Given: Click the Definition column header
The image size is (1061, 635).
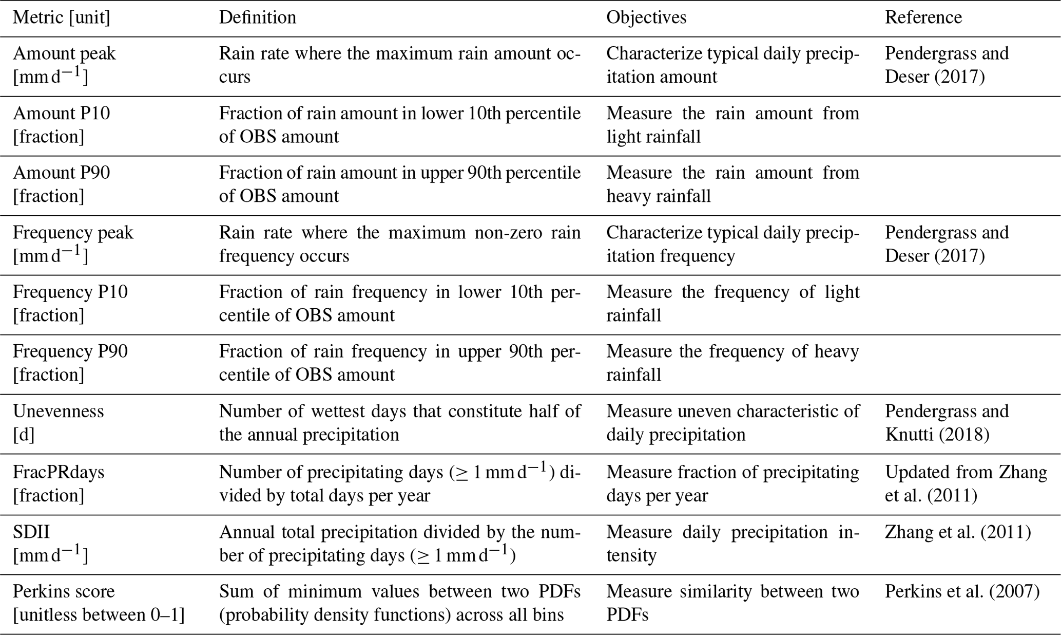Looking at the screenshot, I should click(257, 17).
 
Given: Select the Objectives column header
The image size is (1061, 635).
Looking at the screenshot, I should click(646, 17).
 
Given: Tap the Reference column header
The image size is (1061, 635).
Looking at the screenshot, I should click(923, 17).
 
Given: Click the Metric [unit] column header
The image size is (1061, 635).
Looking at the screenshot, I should click(61, 17).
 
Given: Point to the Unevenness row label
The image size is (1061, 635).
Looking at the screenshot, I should click(58, 411).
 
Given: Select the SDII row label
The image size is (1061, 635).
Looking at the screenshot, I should click(31, 532).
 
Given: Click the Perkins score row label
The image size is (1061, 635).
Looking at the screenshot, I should click(64, 591).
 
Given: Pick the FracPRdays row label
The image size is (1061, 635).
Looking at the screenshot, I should click(59, 472).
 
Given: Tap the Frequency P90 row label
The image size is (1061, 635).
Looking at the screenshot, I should click(70, 351).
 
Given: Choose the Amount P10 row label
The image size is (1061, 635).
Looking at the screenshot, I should click(61, 113).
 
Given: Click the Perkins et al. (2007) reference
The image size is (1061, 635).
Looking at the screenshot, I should click(962, 591).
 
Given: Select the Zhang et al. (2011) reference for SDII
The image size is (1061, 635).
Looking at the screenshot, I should click(958, 532).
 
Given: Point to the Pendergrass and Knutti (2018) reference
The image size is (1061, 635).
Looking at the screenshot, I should click(947, 423).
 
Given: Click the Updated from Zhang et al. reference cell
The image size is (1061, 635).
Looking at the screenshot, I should click(966, 483).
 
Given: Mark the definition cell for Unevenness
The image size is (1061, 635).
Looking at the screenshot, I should click(399, 423).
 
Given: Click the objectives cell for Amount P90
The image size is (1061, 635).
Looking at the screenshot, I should click(732, 184).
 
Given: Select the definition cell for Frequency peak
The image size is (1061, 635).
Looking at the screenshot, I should click(399, 244).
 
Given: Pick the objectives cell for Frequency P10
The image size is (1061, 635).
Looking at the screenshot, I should click(732, 303).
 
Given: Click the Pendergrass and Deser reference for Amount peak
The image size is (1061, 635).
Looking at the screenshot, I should click(947, 65).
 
